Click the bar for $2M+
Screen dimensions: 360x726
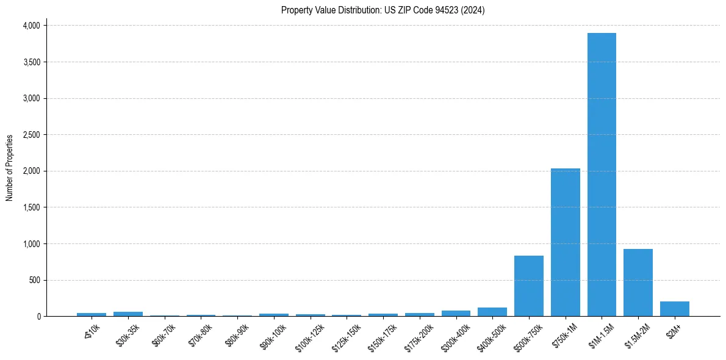click(x=674, y=309)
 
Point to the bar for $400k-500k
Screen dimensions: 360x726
click(x=492, y=312)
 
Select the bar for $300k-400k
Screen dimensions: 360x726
click(x=456, y=314)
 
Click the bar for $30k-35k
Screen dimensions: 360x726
click(x=128, y=314)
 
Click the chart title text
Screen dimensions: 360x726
click(x=383, y=10)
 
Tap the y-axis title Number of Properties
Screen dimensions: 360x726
click(x=10, y=168)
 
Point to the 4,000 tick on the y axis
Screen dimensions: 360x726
click(x=31, y=26)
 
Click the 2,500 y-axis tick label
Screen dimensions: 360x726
click(x=31, y=135)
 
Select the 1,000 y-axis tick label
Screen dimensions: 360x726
click(x=31, y=244)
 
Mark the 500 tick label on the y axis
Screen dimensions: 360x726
click(x=34, y=281)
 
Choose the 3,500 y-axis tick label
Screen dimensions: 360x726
click(x=31, y=62)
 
